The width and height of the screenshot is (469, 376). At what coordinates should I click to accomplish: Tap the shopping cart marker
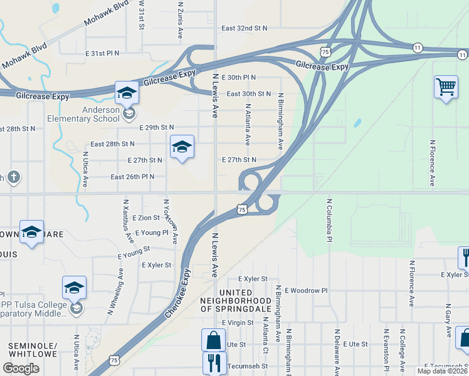(445, 87)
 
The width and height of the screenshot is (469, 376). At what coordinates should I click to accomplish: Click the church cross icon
(13, 178)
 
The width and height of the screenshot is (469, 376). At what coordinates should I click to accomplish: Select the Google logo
(21, 368)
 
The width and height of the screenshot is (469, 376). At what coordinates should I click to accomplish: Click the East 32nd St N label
(244, 28)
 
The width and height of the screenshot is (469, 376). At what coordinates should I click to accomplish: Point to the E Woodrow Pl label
(306, 291)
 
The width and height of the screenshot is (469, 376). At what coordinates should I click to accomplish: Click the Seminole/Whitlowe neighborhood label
(33, 350)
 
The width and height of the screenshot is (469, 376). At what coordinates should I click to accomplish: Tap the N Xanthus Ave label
(128, 221)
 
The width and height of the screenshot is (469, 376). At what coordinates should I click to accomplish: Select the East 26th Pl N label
(132, 177)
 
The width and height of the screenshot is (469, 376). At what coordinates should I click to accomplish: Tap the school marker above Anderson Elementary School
(127, 93)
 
